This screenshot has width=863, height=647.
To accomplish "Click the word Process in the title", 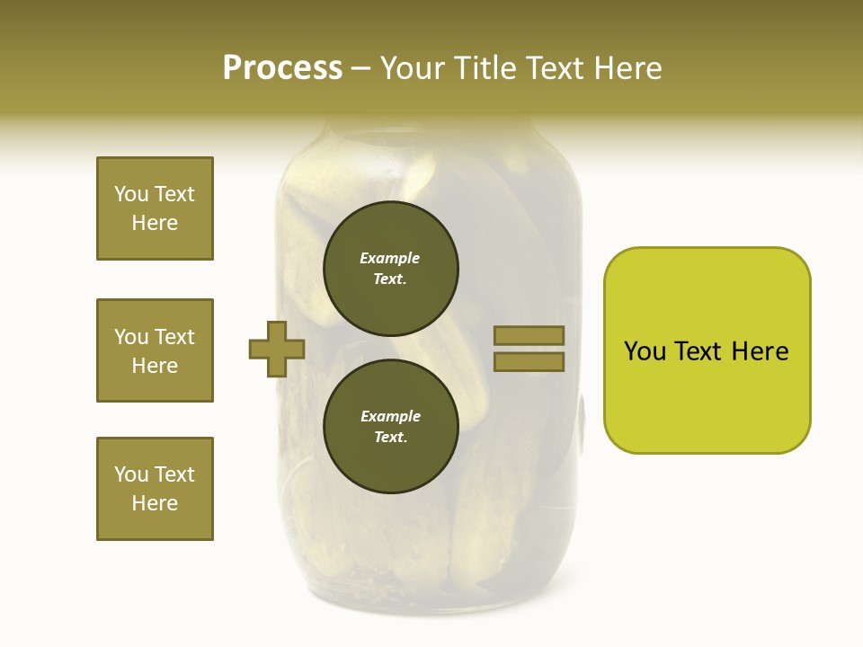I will pyautogui.click(x=282, y=67).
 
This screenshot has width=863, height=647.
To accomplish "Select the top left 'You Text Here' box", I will pyautogui.click(x=155, y=208).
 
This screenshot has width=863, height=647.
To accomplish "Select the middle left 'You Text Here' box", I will pyautogui.click(x=155, y=350).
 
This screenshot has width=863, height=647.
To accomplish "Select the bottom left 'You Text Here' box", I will pyautogui.click(x=155, y=489).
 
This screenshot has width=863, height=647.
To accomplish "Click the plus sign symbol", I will pyautogui.click(x=277, y=349).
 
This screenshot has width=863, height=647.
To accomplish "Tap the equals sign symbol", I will pyautogui.click(x=529, y=349).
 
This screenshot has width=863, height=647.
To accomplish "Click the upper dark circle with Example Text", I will pyautogui.click(x=390, y=268).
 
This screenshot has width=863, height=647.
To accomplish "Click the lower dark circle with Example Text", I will pyautogui.click(x=390, y=426).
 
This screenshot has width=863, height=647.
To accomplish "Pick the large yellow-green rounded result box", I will pyautogui.click(x=707, y=350).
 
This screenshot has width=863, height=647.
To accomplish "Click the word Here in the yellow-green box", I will pyautogui.click(x=760, y=351).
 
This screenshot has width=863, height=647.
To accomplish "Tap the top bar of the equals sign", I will pyautogui.click(x=529, y=335).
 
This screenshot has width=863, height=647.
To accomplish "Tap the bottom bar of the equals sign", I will pyautogui.click(x=529, y=362).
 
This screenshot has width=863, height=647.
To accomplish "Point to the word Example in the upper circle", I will pyautogui.click(x=389, y=258).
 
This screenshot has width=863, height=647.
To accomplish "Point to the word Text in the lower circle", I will pyautogui.click(x=389, y=438).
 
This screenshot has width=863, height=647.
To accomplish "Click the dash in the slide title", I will pyautogui.click(x=360, y=69).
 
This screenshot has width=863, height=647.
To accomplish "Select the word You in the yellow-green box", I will pyautogui.click(x=645, y=351).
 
